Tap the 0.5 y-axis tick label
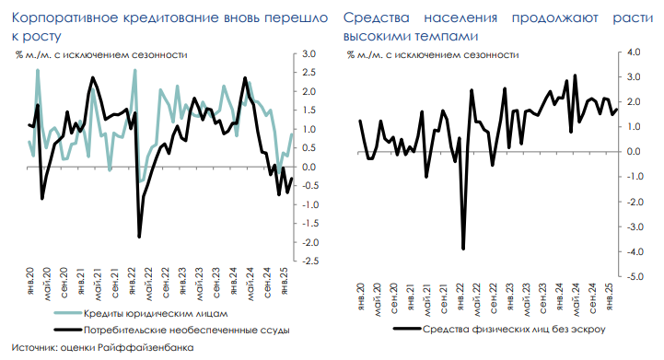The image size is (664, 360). click(309, 148)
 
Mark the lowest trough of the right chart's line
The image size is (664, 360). click(463, 249)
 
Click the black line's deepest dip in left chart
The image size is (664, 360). click(139, 237)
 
